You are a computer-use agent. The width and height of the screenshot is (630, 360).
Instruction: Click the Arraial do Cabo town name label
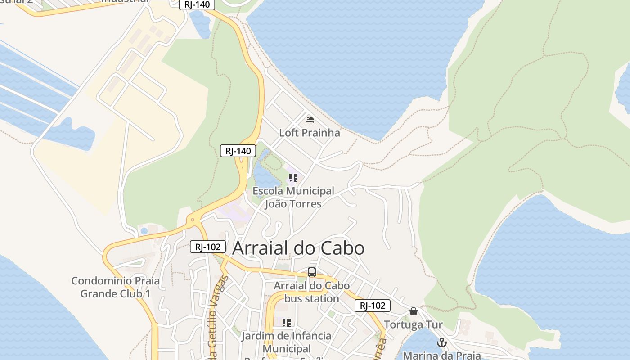click(298, 248)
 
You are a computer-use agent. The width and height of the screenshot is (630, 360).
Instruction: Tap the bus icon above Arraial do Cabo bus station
click(312, 272)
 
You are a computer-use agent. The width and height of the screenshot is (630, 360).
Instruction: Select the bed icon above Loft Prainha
click(310, 120)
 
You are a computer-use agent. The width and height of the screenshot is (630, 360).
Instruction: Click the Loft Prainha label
click(310, 133)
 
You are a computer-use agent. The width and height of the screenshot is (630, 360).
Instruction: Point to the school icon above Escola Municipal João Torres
click(293, 178)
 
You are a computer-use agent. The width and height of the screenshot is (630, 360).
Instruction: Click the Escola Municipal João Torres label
click(293, 198)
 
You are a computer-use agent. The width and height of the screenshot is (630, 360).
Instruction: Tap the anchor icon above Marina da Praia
click(442, 343)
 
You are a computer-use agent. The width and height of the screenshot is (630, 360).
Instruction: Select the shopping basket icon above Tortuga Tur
click(414, 311)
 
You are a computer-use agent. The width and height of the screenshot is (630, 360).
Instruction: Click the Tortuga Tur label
click(413, 325)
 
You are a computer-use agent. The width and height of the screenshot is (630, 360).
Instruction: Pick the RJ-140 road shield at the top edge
click(197, 4)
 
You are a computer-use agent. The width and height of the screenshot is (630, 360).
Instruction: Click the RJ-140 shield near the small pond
click(238, 151)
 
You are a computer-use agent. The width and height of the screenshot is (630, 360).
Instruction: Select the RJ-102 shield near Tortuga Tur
click(373, 306)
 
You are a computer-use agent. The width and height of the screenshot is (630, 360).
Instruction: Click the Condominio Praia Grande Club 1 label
click(115, 288)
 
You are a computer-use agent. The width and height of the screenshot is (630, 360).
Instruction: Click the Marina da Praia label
click(441, 355)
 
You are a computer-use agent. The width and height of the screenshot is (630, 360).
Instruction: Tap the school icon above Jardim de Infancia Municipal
click(286, 322)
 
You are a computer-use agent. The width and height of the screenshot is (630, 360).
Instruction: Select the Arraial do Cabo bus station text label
click(311, 292)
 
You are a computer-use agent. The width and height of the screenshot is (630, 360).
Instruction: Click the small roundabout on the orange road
click(193, 220)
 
